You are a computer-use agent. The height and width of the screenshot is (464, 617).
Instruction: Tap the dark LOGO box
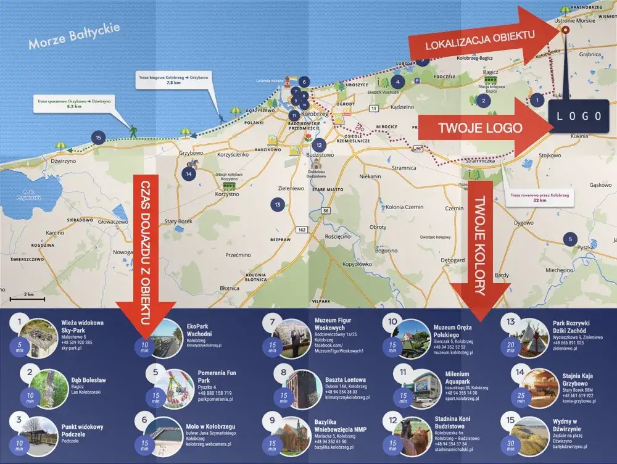click(x=579, y=116)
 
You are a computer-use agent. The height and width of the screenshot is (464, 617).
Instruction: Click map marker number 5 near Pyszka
click(x=570, y=239)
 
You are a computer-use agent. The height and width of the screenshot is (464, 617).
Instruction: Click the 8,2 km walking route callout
click(x=64, y=104)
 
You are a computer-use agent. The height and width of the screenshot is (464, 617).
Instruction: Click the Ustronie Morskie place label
click(x=575, y=20)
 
